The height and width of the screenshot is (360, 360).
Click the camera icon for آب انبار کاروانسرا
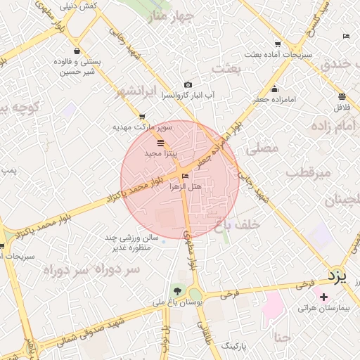(188, 84)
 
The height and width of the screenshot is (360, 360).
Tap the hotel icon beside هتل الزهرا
(186, 176)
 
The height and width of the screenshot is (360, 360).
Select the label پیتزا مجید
(161, 153)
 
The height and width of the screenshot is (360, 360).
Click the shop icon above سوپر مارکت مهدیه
(143, 117)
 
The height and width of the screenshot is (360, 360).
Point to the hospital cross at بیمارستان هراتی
(323, 297)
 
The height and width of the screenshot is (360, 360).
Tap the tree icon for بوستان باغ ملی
(176, 292)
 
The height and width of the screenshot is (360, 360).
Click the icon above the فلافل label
(342, 97)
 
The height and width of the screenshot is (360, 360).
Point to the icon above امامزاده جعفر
(274, 89)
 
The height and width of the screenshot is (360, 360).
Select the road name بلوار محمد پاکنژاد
(137, 191)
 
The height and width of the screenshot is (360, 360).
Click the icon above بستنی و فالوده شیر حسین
(76, 51)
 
